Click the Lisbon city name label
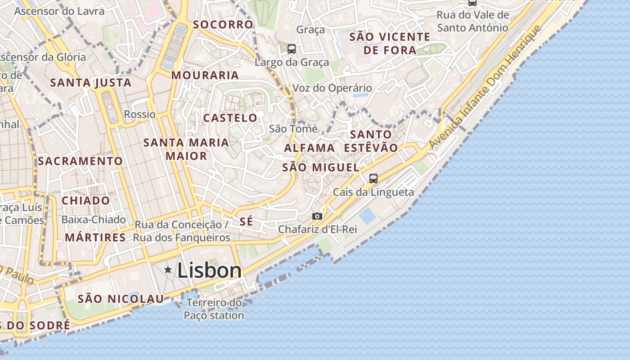(209, 270)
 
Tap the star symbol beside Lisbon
(168, 270)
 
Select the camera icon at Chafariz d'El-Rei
(317, 216)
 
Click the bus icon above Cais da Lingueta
(373, 178)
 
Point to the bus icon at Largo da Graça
(292, 49)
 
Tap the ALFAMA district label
(310, 148)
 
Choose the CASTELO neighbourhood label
(230, 118)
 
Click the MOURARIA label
(205, 75)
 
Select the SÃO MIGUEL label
(321, 167)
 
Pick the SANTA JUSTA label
(91, 83)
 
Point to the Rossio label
(140, 114)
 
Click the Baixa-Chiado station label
(94, 220)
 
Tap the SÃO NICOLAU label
(121, 299)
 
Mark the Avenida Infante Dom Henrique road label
(484, 88)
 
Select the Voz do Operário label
(333, 88)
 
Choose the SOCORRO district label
(223, 24)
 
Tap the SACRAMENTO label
(81, 161)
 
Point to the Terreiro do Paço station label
(214, 309)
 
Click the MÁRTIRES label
(95, 238)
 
